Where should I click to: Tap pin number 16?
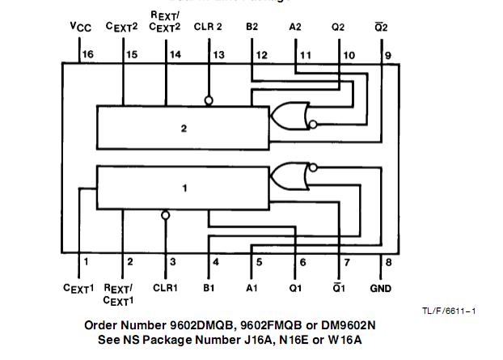pos(87,54)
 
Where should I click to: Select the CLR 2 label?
pos(208,27)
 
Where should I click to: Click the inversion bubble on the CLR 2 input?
pos(209,101)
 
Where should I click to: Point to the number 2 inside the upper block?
pos(184,128)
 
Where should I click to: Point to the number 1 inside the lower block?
pos(184,188)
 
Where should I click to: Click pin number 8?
pos(388,261)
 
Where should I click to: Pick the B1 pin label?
pos(209,287)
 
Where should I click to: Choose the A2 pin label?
pos(295,27)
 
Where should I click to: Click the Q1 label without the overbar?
pos(296,287)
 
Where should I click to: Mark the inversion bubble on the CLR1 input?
pos(165,216)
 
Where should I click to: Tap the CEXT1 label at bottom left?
pos(79,288)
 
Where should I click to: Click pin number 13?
pos(218,54)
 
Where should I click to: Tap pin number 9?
pos(388,54)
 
